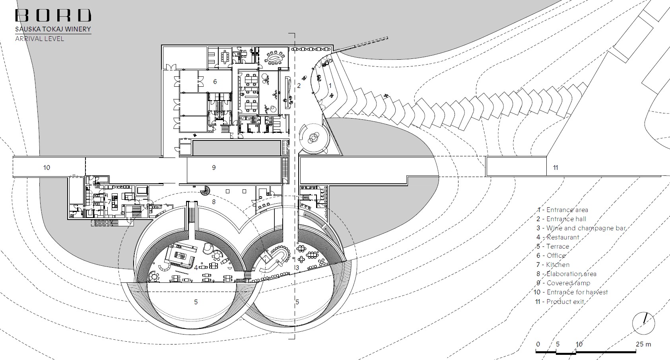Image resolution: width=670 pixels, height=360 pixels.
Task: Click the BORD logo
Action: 53,15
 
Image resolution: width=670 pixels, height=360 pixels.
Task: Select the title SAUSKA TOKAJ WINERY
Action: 53,29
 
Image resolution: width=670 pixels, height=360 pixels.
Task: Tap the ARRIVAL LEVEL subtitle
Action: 39,39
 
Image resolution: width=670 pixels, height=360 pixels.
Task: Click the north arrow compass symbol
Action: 644,323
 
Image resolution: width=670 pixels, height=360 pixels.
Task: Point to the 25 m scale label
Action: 643,344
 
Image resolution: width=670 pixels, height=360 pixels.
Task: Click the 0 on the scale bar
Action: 538,344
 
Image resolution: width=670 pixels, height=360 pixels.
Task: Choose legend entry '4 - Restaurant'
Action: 558,237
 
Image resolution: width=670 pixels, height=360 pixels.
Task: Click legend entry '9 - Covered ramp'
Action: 563,283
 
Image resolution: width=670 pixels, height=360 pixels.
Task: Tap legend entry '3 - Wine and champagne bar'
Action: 581,228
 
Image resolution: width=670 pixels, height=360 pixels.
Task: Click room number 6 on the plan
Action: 215,82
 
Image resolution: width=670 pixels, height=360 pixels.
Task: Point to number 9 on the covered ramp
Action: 214,167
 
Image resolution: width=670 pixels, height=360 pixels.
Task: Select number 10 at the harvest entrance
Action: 47,167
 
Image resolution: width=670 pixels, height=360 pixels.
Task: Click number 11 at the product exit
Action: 555,167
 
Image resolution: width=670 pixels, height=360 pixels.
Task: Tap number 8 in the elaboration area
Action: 214,202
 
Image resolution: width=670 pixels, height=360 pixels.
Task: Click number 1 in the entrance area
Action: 330,86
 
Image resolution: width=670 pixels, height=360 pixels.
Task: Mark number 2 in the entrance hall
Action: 299,86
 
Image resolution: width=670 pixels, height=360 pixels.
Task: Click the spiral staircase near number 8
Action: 205,191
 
